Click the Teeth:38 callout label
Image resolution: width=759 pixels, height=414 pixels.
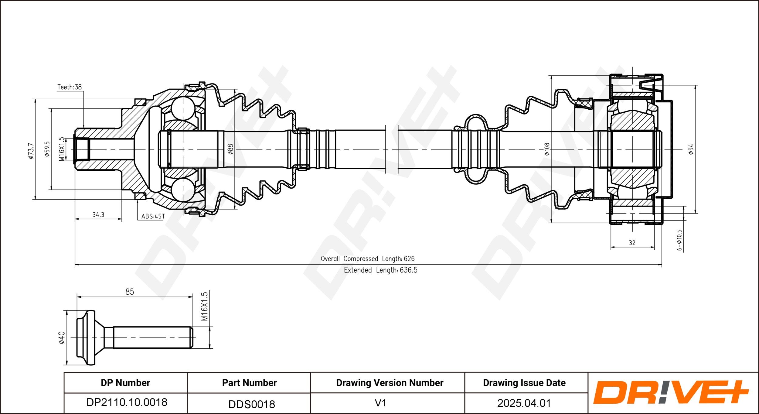click(x=70, y=87)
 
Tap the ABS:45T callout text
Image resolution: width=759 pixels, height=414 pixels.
click(x=153, y=216)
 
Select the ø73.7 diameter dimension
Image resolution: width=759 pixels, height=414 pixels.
click(x=31, y=151)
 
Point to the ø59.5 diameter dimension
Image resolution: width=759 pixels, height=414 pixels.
click(x=47, y=149)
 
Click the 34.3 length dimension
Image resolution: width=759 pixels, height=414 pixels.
click(x=98, y=215)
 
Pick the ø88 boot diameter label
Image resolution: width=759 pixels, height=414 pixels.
click(x=230, y=149)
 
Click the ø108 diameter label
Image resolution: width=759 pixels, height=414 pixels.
click(x=547, y=149)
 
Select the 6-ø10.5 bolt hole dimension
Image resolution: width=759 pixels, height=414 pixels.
click(x=679, y=240)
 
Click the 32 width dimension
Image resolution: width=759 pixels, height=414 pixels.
click(x=632, y=243)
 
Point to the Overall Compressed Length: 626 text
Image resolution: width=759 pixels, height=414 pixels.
click(x=368, y=259)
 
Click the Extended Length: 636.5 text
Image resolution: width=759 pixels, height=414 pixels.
click(x=381, y=270)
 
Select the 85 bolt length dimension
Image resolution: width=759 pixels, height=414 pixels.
click(x=130, y=292)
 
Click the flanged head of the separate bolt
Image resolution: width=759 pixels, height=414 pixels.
click(x=86, y=337)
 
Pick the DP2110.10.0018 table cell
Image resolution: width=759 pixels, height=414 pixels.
click(x=127, y=402)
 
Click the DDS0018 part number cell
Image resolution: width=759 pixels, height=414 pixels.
click(x=251, y=404)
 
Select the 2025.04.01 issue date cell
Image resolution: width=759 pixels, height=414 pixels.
click(x=524, y=403)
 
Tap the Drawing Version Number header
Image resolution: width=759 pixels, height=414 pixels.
click(x=390, y=383)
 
